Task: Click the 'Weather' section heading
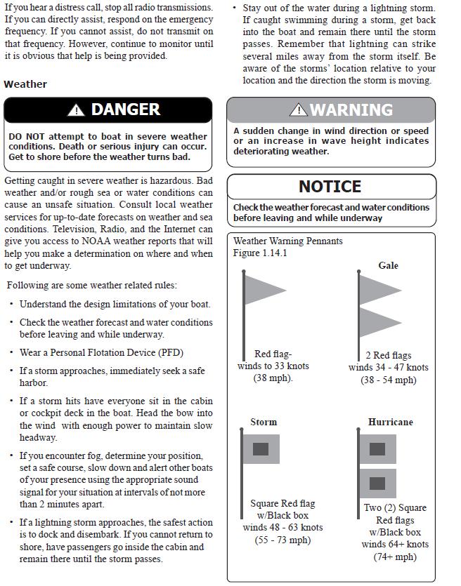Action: pyautogui.click(x=25, y=84)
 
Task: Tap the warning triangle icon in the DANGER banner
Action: pyautogui.click(x=75, y=110)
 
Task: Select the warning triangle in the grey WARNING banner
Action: pyautogui.click(x=299, y=109)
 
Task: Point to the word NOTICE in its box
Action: pyautogui.click(x=330, y=187)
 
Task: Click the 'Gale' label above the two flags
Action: pyautogui.click(x=388, y=265)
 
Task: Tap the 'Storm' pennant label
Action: pyautogui.click(x=264, y=422)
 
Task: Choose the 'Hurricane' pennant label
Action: pyautogui.click(x=390, y=422)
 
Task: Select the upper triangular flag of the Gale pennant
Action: pyautogui.click(x=378, y=289)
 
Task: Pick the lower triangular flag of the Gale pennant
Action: pyautogui.click(x=378, y=322)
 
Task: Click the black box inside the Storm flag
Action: pyautogui.click(x=261, y=448)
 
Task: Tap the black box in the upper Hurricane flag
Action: pyautogui.click(x=377, y=448)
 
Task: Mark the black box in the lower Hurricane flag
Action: pyautogui.click(x=377, y=483)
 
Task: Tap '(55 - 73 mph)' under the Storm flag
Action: pyautogui.click(x=283, y=540)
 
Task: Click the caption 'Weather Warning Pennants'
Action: pyautogui.click(x=288, y=241)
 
